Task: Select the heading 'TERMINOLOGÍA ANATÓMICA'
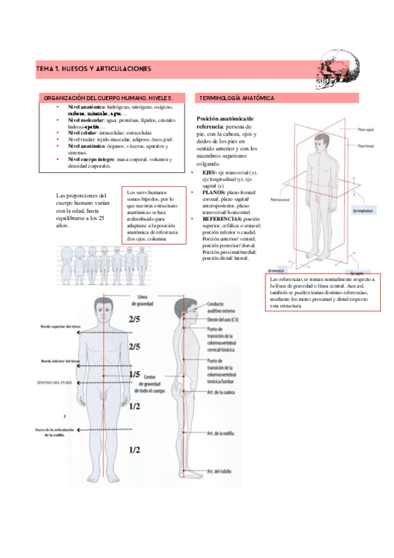pyautogui.click(x=238, y=98)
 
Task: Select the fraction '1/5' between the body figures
pyautogui.click(x=134, y=374)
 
